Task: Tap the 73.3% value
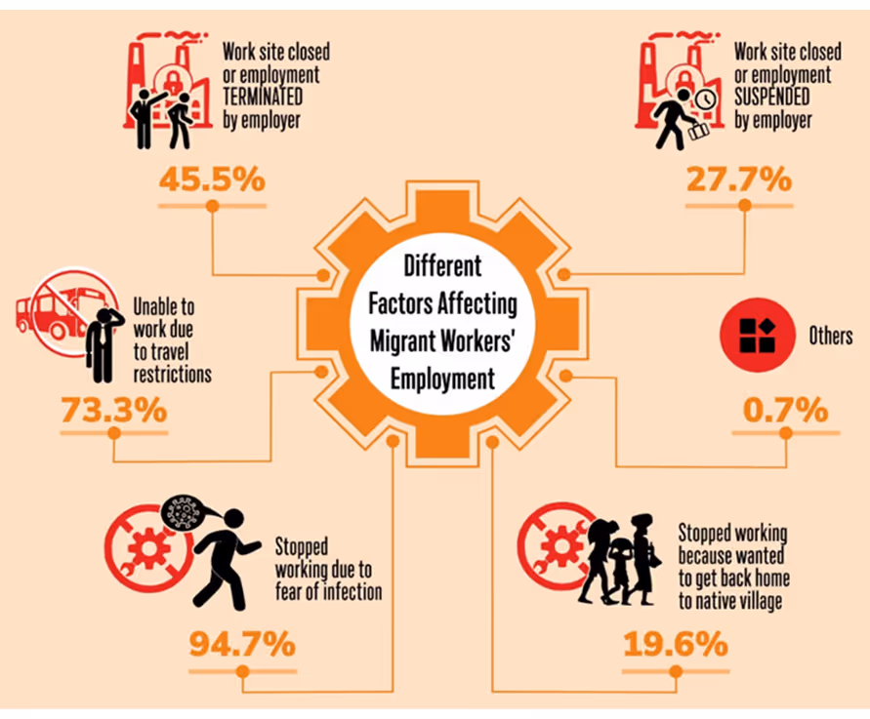(113, 410)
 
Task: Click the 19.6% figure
(674, 644)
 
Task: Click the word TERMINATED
(267, 100)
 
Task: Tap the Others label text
(830, 337)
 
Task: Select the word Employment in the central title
(442, 379)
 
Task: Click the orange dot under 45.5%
(212, 206)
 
